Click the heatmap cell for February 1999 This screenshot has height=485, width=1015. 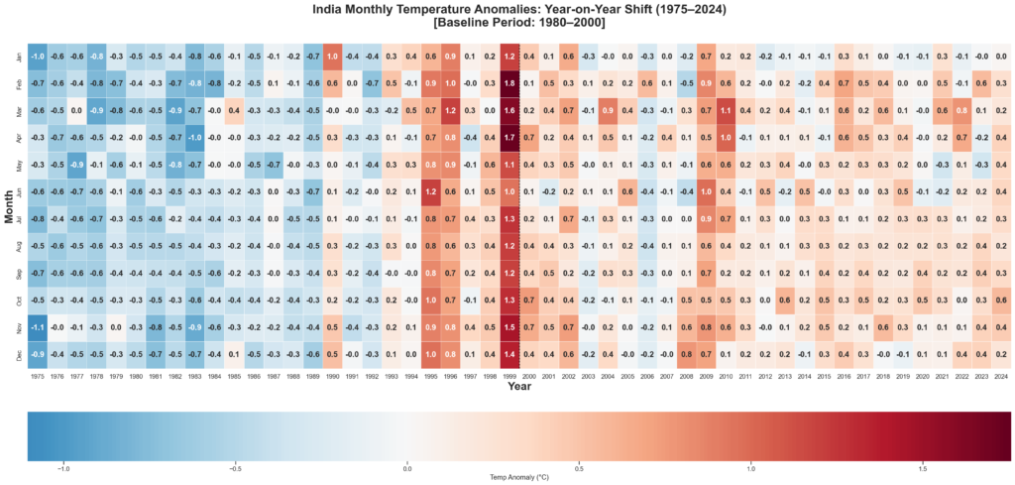pyautogui.click(x=509, y=83)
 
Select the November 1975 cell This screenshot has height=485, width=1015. pyautogui.click(x=38, y=324)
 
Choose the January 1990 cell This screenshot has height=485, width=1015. pyautogui.click(x=332, y=57)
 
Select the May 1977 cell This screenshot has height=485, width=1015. pyautogui.click(x=76, y=164)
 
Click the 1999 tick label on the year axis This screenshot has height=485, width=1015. pyautogui.click(x=509, y=377)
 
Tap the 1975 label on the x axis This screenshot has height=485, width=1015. pyautogui.click(x=38, y=377)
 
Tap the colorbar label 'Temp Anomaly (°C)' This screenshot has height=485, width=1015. pyautogui.click(x=519, y=477)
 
